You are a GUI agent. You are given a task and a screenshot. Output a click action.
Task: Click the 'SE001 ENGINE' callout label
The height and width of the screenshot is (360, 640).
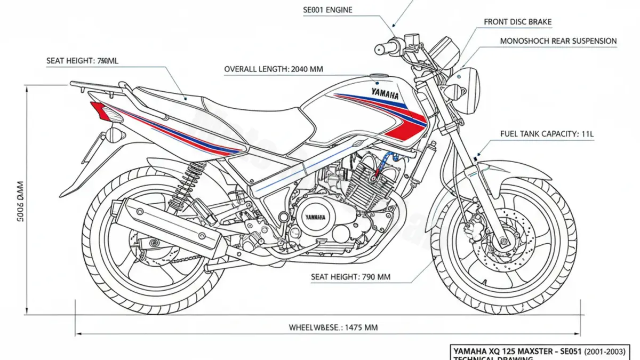[x=327, y=10]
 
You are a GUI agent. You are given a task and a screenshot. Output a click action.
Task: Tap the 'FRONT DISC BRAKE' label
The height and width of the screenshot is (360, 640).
[x=517, y=22]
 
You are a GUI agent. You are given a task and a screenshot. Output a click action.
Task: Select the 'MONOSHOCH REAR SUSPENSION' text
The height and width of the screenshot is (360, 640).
[x=558, y=41]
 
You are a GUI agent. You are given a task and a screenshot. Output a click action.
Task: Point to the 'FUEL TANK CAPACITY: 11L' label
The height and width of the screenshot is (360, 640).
[x=539, y=134]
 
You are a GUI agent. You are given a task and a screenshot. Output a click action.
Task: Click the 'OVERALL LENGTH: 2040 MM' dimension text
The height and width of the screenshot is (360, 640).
[x=273, y=69]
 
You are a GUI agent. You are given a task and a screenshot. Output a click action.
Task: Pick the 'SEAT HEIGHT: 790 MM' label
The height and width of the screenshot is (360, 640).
[x=350, y=277]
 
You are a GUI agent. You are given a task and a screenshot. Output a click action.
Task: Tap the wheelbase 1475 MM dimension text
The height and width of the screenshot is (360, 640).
[x=333, y=327]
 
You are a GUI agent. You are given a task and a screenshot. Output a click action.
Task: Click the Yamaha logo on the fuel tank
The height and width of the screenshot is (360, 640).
[x=385, y=95]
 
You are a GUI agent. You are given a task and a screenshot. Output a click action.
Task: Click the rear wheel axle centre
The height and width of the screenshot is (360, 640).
[x=156, y=243]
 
